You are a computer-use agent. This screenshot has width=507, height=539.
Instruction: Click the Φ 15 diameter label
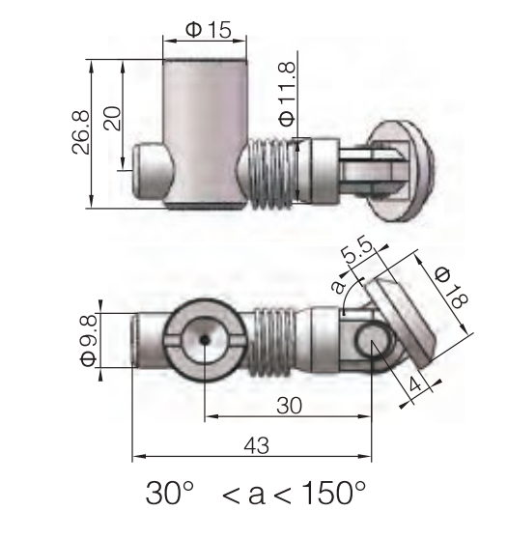pos(208,30)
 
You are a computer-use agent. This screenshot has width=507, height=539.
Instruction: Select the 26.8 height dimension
pos(83,133)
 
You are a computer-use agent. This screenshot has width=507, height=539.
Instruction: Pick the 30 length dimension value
pos(287,407)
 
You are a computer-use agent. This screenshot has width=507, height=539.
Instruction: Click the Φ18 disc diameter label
pos(450,287)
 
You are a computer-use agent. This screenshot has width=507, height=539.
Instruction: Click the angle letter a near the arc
pos(336,286)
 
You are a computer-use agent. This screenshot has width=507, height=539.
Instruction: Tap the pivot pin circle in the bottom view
pos(372,342)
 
